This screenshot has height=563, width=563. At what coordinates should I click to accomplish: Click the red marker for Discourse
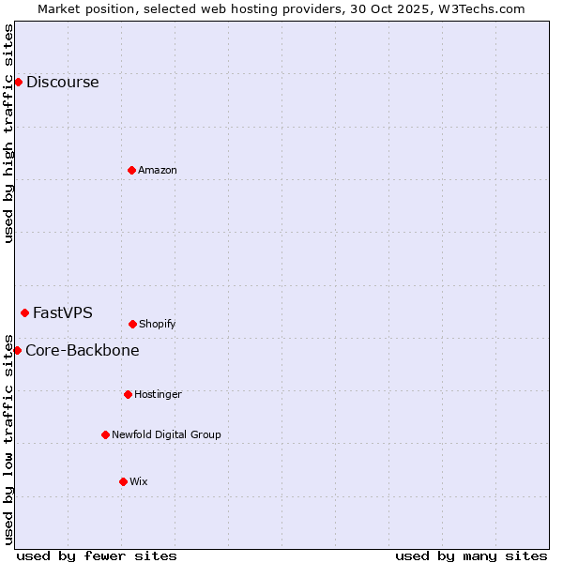click(18, 82)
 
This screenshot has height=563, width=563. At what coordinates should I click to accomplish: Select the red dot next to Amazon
click(131, 170)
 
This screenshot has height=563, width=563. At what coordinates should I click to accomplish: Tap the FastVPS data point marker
click(24, 312)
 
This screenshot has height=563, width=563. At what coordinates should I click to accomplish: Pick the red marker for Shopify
click(132, 324)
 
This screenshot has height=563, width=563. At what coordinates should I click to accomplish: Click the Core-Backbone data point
click(17, 350)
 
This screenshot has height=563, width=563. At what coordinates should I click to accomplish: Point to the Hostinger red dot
click(128, 394)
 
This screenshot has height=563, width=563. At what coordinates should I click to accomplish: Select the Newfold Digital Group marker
click(105, 434)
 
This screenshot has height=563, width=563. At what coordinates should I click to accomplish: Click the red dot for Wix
click(123, 481)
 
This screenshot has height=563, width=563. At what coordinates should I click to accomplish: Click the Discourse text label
click(62, 82)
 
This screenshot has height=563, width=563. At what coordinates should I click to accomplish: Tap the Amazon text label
click(158, 170)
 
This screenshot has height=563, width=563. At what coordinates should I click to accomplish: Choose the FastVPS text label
click(63, 312)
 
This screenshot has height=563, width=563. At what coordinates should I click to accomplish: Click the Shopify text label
click(158, 324)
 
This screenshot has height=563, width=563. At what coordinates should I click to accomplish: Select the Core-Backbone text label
click(83, 350)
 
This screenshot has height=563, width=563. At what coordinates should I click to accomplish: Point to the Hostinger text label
click(158, 394)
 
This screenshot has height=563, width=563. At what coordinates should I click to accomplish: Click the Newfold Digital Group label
click(166, 434)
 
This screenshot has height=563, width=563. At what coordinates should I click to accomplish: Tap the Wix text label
click(139, 481)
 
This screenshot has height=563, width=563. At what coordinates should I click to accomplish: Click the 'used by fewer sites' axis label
click(97, 555)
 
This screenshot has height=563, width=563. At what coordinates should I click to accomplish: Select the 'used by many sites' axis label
click(471, 555)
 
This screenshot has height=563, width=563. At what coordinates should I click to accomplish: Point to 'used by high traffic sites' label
click(8, 133)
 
